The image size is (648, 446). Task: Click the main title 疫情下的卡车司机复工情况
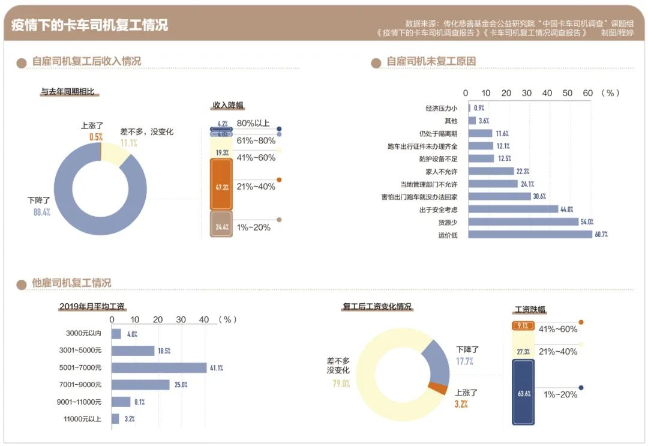pos(89,25)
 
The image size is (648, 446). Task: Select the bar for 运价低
pos(530,235)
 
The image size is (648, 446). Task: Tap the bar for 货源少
pos(523,221)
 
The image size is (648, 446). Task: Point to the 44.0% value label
pos(567,209)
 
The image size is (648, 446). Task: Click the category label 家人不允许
pos(441,171)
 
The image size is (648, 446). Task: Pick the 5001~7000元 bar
pos(159,367)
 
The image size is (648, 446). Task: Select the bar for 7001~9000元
pos(140,385)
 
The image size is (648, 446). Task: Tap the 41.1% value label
pos(216,368)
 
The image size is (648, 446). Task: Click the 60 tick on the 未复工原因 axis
pos(587,93)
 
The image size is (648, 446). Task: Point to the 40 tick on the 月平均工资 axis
pos(203,320)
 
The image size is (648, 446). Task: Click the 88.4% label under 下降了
pos(41,212)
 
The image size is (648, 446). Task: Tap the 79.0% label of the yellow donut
pos(341,384)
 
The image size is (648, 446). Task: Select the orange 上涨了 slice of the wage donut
pos(437,389)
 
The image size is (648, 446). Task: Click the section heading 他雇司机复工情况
pos(71,283)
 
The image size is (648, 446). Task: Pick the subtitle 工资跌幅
pos(530,310)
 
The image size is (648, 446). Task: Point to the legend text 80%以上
pos(253,123)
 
